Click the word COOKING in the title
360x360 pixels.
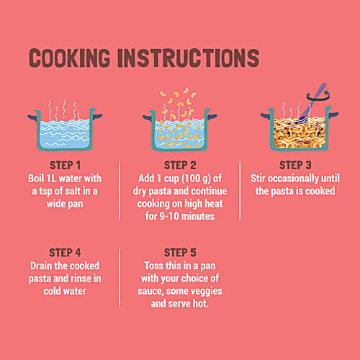click(69, 58)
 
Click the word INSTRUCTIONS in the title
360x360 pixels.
click(189, 58)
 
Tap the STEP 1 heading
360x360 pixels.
click(65, 166)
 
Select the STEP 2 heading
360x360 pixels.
click(180, 166)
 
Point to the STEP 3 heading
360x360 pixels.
click(295, 166)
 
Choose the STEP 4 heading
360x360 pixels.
click(65, 253)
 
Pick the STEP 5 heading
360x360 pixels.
click(180, 253)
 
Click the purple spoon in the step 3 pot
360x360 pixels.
click(312, 102)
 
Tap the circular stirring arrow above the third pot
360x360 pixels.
click(318, 96)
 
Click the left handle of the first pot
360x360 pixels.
click(33, 117)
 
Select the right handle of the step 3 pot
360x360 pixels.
click(333, 115)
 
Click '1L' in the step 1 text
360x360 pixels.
click(51, 179)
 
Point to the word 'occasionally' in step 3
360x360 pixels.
click(293, 179)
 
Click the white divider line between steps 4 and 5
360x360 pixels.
click(120, 277)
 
